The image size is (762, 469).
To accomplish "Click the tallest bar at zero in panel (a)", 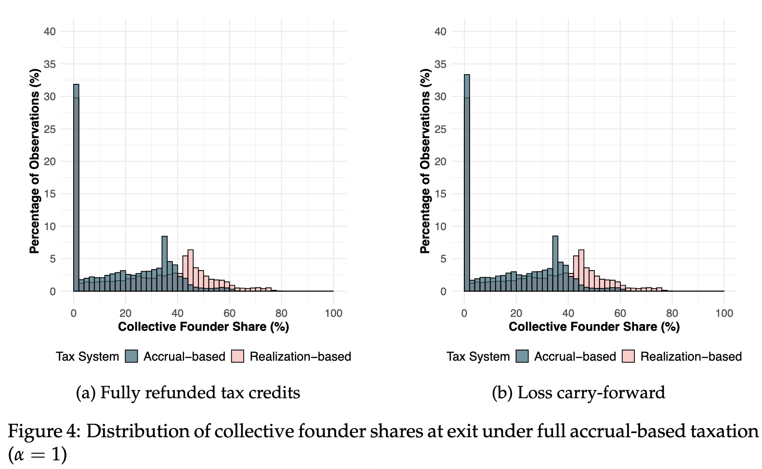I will point(76,188).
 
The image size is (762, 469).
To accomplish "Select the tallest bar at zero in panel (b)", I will point(467,183).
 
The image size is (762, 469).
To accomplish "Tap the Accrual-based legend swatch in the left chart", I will point(131,356).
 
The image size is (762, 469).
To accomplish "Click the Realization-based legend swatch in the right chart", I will point(628,356).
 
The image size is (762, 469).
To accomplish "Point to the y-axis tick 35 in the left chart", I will point(50,64).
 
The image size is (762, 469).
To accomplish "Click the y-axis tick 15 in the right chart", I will point(440,194).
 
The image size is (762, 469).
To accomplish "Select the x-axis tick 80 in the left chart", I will point(281,313).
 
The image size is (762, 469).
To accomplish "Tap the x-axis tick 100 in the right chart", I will point(724,313).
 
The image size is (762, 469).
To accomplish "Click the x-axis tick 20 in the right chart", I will point(516,313).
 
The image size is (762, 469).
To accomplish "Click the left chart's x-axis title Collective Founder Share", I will point(203,327).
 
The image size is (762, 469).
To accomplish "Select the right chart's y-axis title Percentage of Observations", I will point(425,161).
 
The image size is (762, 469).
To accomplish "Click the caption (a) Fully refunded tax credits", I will point(188,393).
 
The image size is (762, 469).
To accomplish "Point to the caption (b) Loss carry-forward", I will point(578,393).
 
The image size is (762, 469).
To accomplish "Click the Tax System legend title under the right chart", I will point(478,357).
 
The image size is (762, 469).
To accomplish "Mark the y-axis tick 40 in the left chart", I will point(50,32).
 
